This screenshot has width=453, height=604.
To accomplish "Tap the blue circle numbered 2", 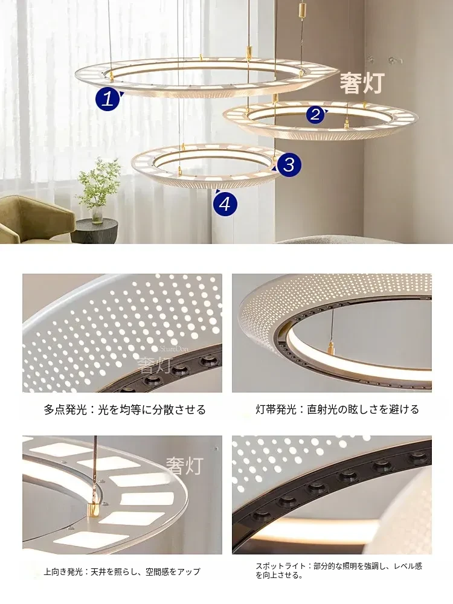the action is pyautogui.click(x=315, y=114).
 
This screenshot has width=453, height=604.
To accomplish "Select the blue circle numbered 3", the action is pyautogui.click(x=289, y=164).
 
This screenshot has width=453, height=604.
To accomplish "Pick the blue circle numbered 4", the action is pyautogui.click(x=225, y=203).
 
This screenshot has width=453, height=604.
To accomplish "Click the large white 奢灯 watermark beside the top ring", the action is pyautogui.click(x=362, y=83).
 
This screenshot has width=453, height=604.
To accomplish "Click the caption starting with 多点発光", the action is pyautogui.click(x=125, y=409).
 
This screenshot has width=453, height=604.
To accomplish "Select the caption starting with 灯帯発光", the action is pyautogui.click(x=338, y=409).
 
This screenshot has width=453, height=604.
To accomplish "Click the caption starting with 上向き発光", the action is pyautogui.click(x=122, y=571).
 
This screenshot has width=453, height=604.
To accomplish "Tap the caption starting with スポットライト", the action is pyautogui.click(x=339, y=571).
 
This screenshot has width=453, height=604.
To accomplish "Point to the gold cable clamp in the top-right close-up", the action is pyautogui.click(x=330, y=349).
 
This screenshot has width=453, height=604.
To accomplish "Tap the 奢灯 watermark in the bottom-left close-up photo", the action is pyautogui.click(x=184, y=465).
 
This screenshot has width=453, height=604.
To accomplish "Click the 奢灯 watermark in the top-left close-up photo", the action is pyautogui.click(x=156, y=364).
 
